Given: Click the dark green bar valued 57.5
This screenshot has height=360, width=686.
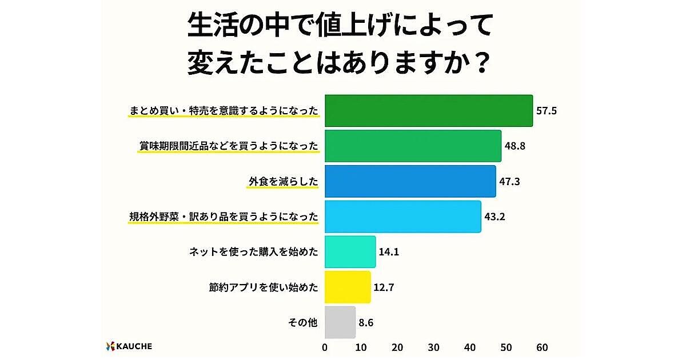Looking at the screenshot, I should tap(429, 110).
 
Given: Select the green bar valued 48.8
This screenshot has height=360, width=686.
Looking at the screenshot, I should tap(413, 146).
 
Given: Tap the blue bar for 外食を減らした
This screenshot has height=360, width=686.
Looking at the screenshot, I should tap(410, 181).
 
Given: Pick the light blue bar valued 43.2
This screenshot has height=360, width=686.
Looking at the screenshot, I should tap(402, 217).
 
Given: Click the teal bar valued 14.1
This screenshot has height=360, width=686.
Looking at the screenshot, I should tap(350, 252).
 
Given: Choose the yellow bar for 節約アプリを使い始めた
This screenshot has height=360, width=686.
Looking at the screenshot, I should tap(348, 287).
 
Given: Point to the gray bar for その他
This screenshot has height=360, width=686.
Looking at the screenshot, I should tap(340, 322).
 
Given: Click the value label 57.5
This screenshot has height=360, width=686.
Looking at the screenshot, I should tap(547, 110).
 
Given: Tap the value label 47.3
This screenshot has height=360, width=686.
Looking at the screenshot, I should tap(509, 181).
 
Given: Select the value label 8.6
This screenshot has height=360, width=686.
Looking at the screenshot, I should tap(367, 322).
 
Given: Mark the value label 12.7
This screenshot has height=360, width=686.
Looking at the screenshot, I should tap(385, 287).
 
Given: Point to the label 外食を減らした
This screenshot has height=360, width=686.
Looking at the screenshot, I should tap(283, 181).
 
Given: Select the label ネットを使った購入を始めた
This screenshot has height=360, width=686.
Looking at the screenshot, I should tap(253, 252).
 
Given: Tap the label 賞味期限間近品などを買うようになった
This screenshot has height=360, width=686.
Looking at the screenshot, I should tap(229, 146).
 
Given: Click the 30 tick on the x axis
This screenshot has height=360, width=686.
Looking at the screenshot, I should tap(434, 347).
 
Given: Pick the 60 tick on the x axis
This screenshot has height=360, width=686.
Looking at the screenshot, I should tap(543, 347).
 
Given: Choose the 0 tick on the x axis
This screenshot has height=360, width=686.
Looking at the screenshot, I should tap(325, 347).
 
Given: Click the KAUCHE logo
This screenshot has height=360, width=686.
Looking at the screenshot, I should tap(129, 346).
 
